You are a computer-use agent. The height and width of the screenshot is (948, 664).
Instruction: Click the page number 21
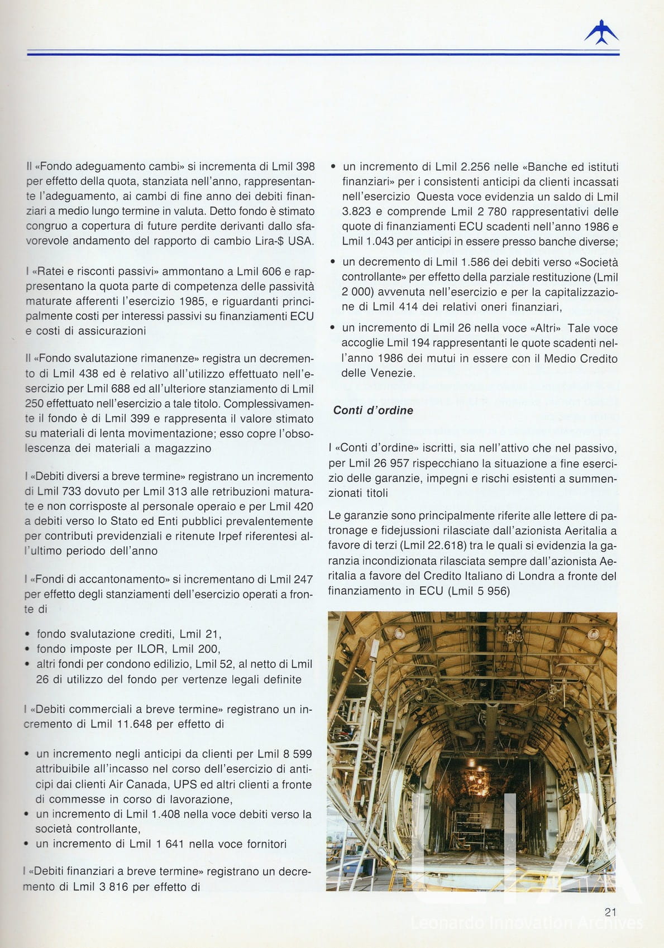point(610,912)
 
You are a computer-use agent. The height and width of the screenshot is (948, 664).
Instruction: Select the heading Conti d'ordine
point(373,410)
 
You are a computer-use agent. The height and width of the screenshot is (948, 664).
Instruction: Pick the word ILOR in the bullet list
point(151,649)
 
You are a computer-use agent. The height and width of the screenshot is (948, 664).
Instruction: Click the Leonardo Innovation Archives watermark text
point(527,923)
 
